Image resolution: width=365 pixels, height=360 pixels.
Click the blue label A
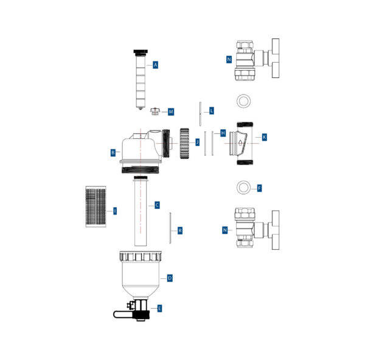coord(156,65)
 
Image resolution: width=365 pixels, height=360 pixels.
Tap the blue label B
coord(113,153)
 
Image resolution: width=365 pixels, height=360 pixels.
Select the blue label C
coord(157,205)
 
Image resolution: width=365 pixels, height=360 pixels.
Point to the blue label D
coord(170,278)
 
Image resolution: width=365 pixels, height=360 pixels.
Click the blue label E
coord(159,308)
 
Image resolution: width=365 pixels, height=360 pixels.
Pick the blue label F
coord(260,188)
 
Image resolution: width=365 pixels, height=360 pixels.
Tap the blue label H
coord(223,133)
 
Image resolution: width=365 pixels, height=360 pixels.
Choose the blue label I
coord(115,211)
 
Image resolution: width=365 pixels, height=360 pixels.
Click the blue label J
coord(197,142)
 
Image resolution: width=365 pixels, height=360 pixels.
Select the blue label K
coord(264,137)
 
